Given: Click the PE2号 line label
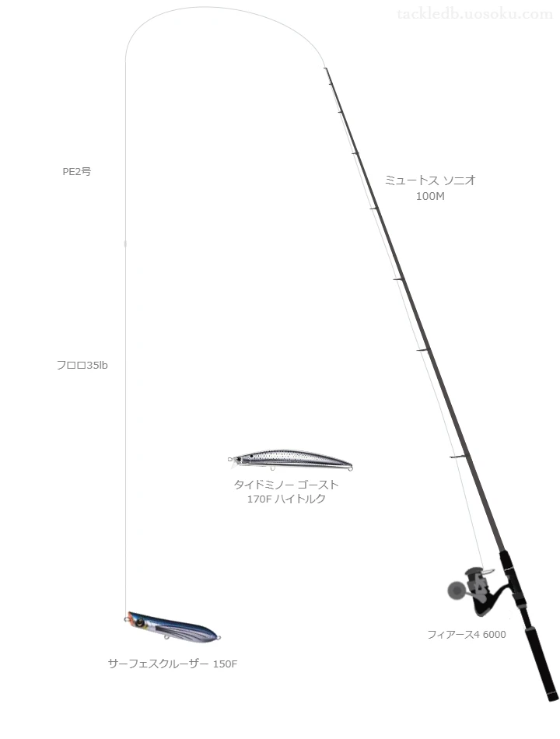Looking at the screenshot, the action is click(x=77, y=172).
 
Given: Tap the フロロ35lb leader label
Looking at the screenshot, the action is click(x=82, y=366).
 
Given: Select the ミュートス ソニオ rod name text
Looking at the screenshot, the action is click(x=430, y=180).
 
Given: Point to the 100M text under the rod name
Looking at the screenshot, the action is click(x=430, y=196).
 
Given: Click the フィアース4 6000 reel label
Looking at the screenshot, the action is click(x=466, y=634).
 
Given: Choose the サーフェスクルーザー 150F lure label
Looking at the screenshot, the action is click(x=173, y=664).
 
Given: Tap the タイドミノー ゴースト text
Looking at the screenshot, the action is click(x=286, y=485).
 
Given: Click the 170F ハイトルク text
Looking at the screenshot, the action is click(x=286, y=499).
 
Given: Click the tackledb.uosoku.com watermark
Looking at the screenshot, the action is click(x=474, y=14).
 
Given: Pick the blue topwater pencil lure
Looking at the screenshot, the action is click(x=173, y=626).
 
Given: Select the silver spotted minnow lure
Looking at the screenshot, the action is click(x=290, y=460).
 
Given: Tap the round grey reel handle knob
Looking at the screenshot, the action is click(x=455, y=590).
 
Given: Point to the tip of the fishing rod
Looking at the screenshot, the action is click(x=325, y=68).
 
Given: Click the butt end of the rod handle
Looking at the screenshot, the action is click(x=554, y=697).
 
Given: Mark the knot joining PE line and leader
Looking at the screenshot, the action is click(x=125, y=243).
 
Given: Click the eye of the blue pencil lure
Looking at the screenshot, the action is click(x=139, y=622).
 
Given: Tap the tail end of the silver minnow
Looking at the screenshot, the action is click(x=350, y=466).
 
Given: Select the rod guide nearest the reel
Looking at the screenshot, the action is click(x=458, y=457).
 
